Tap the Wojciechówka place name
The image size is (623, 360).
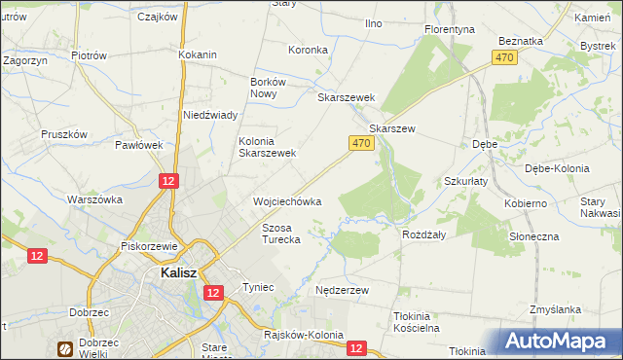pyautogui.click(x=287, y=201)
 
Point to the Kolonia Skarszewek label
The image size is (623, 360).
pyautogui.click(x=268, y=147)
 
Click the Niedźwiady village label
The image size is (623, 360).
pyautogui.click(x=211, y=115)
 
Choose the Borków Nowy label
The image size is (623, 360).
pyautogui.click(x=268, y=89)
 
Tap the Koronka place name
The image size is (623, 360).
pyautogui.click(x=308, y=49)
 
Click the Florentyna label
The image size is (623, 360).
pyautogui.click(x=450, y=29)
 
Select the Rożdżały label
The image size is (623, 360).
pyautogui.click(x=423, y=234)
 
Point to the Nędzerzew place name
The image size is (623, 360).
pyautogui.click(x=343, y=290)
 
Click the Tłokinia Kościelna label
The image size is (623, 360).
pyautogui.click(x=417, y=322)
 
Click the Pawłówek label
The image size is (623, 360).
pyautogui.click(x=138, y=145)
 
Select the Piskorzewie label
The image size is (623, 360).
pyautogui.click(x=147, y=246)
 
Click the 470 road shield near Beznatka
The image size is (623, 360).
pyautogui.click(x=504, y=58)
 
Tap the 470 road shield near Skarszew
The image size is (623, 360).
pyautogui.click(x=360, y=143)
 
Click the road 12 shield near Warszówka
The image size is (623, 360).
pyautogui.click(x=169, y=181)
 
